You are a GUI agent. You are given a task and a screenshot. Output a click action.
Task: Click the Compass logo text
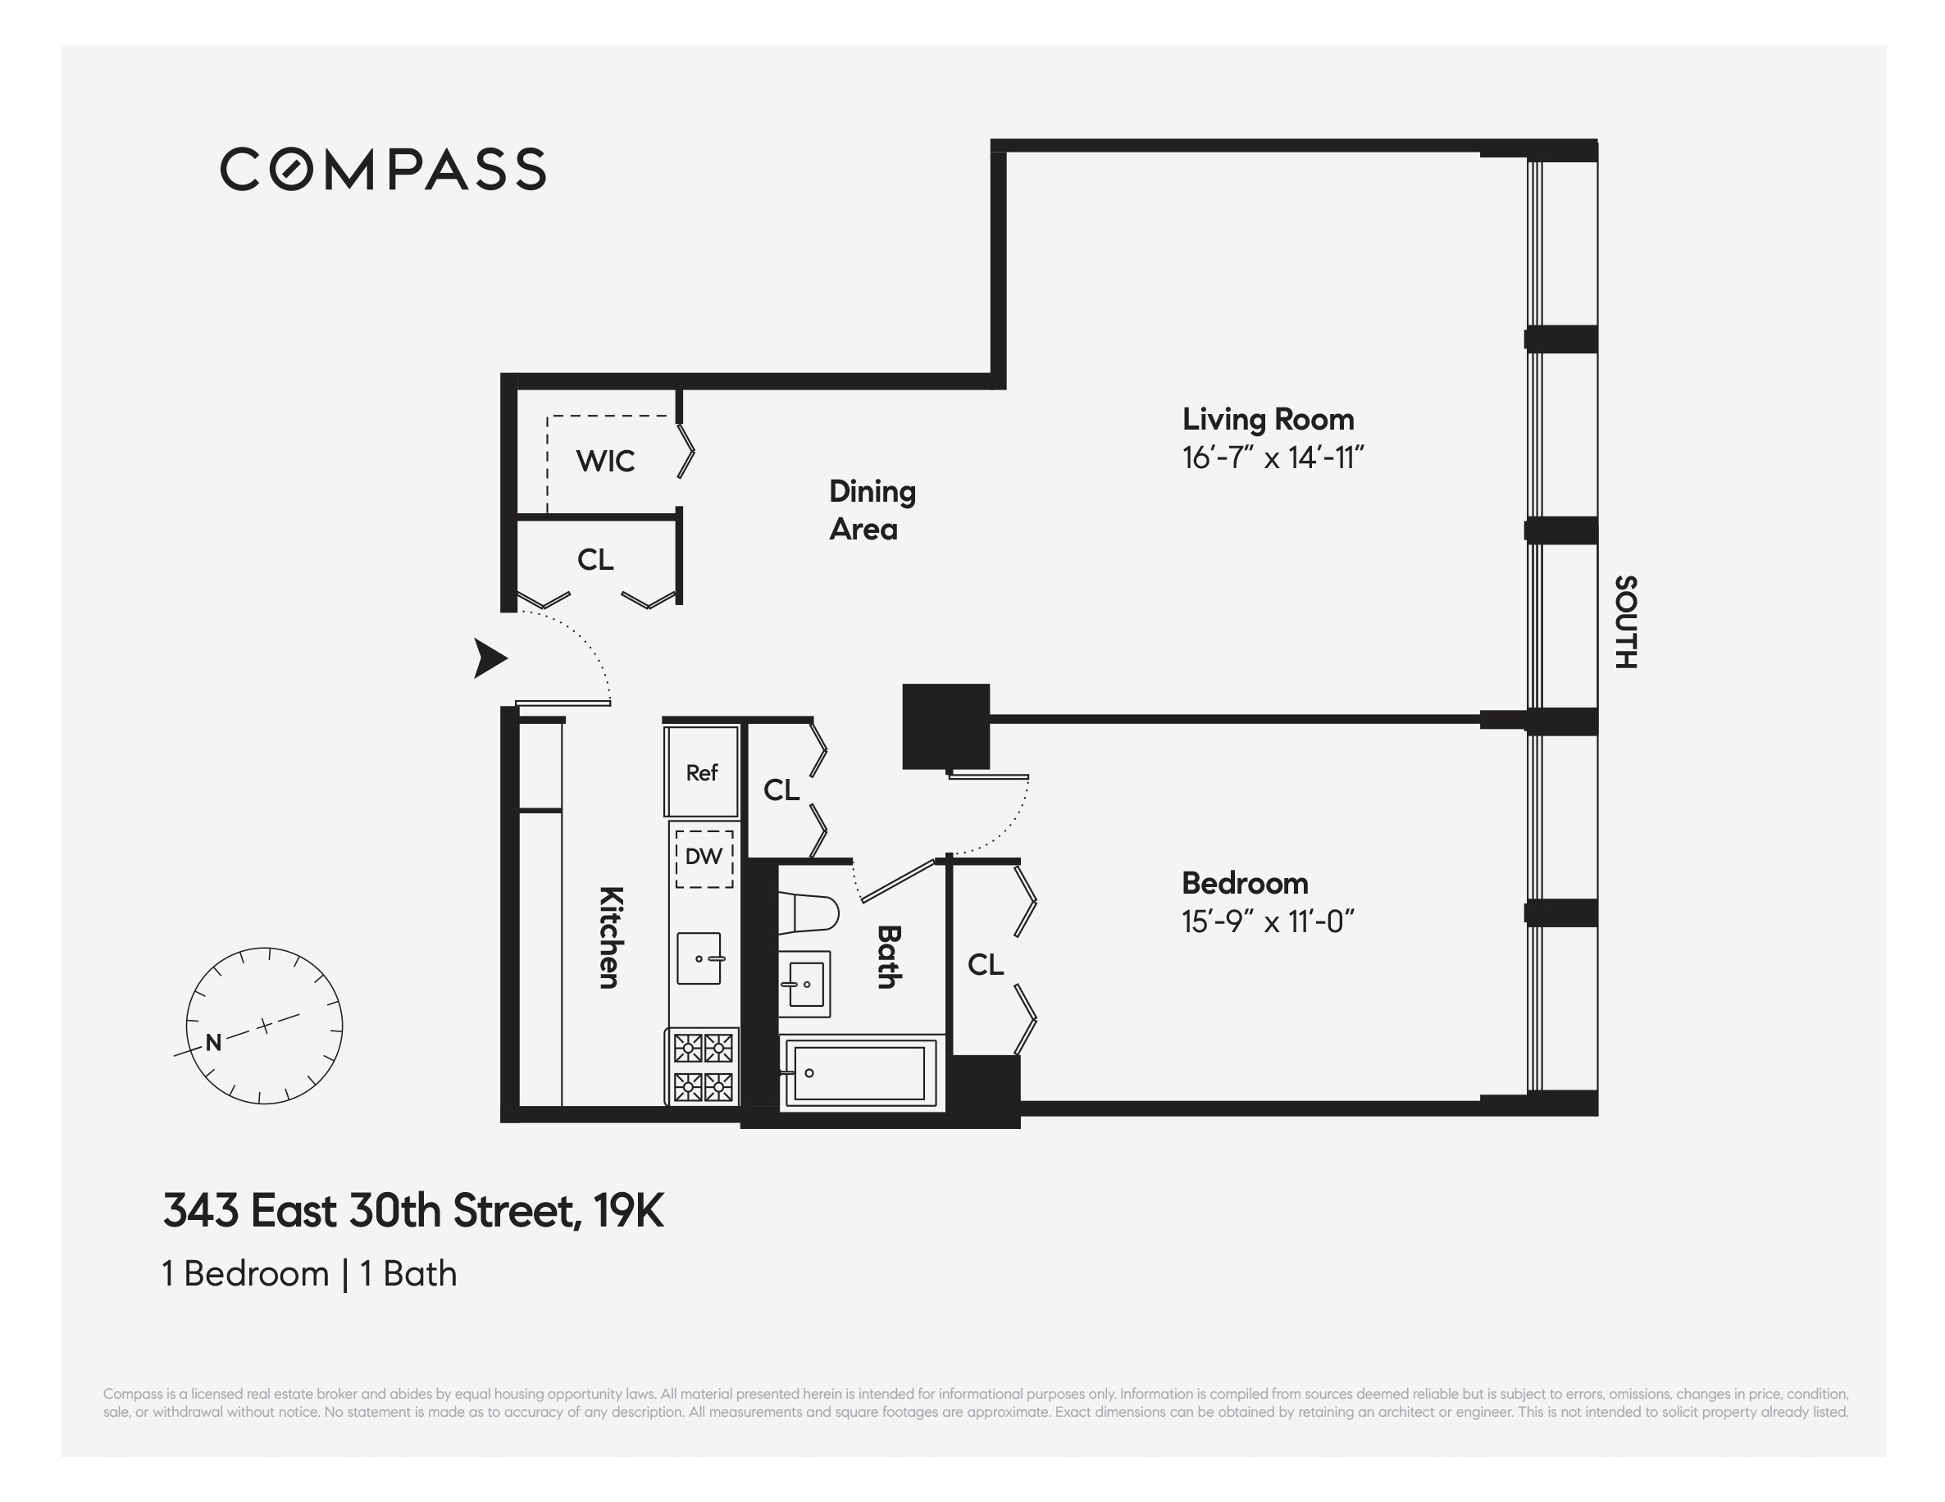[383, 169]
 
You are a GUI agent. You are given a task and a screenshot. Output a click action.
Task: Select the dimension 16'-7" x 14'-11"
[1273, 458]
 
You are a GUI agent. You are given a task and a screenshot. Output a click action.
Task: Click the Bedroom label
[1244, 883]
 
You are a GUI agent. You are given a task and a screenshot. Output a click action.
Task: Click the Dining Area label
[871, 510]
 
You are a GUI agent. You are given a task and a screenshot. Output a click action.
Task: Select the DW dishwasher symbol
[704, 858]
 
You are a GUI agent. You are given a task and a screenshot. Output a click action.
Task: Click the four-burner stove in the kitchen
[703, 1067]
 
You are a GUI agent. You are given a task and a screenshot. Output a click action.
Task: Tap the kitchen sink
[699, 958]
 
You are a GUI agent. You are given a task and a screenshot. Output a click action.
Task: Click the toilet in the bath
[808, 913]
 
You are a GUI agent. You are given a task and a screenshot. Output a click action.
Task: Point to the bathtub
[859, 1073]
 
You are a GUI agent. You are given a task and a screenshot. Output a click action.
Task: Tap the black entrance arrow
[489, 659]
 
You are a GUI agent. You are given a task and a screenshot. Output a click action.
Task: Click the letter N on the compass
[214, 1043]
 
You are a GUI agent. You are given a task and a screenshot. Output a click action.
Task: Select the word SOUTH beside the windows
[1625, 621]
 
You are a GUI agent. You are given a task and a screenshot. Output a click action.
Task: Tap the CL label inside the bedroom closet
[985, 964]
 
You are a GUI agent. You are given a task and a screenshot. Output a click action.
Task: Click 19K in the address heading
[629, 1211]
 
